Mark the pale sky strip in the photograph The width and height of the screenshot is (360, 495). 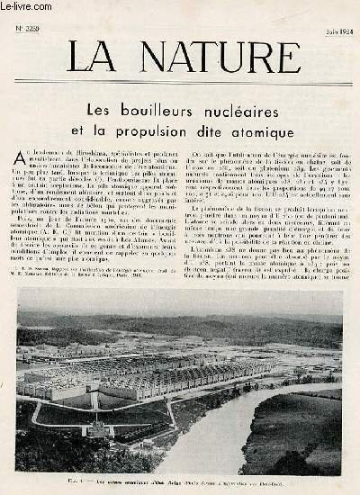pos(180,298)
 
